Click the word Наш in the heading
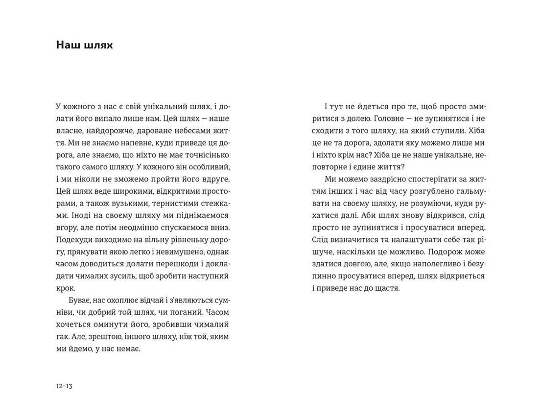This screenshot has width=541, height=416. [x=68, y=46]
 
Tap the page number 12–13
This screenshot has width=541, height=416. [x=64, y=386]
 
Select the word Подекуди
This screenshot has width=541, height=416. [x=74, y=240]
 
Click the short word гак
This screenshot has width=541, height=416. [x=62, y=336]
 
